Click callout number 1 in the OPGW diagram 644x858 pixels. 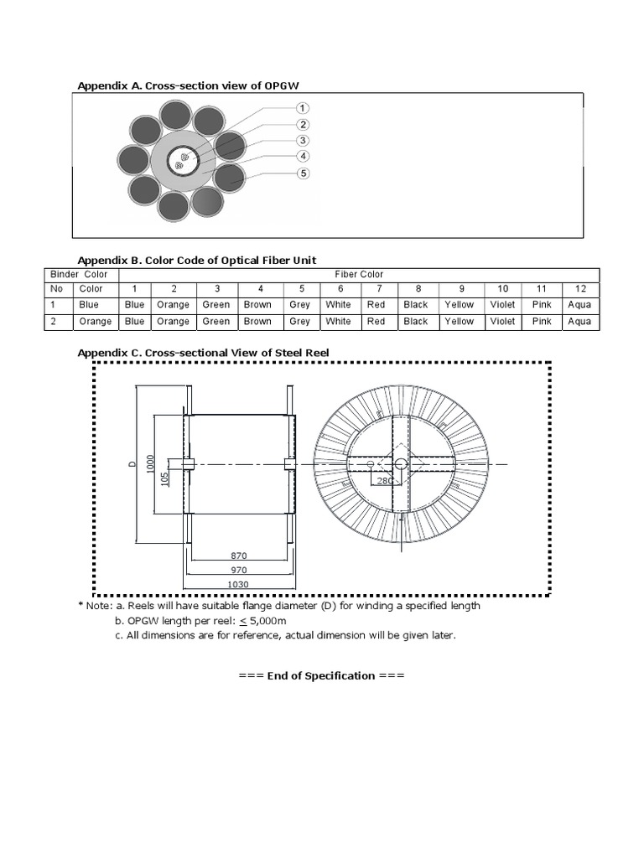click(x=303, y=108)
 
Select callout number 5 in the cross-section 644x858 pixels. click(x=303, y=173)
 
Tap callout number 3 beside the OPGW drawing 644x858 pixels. click(x=303, y=141)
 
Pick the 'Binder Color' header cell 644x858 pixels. click(x=80, y=274)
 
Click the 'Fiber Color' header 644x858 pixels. click(x=359, y=274)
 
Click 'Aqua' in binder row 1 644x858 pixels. click(x=579, y=305)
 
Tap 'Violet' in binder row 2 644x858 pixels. click(x=502, y=321)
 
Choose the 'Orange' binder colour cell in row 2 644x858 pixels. click(x=96, y=321)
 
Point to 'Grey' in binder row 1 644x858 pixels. click(x=299, y=305)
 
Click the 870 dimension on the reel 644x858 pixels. click(x=239, y=556)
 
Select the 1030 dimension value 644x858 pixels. click(x=239, y=584)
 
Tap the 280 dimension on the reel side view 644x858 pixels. click(x=385, y=481)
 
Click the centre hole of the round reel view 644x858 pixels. click(x=401, y=463)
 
